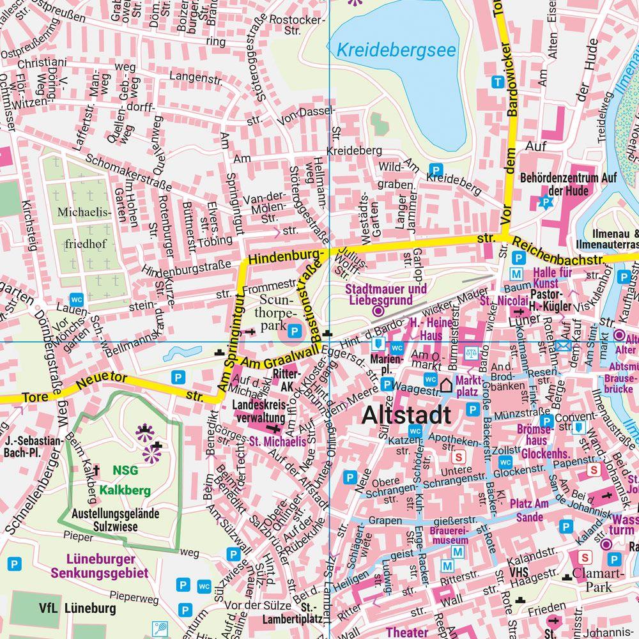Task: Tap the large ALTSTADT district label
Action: [406, 415]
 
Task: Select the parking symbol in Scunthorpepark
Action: [295, 330]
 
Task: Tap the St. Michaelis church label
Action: [277, 440]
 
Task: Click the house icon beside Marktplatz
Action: [445, 385]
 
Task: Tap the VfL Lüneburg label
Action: [68, 608]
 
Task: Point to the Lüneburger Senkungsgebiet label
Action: [100, 567]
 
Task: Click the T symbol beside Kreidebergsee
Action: [497, 82]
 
